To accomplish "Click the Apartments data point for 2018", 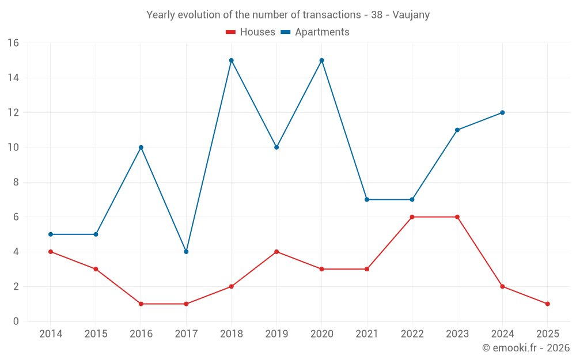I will tap(231, 60).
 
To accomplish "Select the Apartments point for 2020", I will tap(321, 60).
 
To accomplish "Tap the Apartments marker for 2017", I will tap(186, 252).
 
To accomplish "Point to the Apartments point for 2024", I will tap(502, 112).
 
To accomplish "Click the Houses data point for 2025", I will tap(547, 304).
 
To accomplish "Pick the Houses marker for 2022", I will tap(412, 217).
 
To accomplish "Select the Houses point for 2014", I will tap(51, 252).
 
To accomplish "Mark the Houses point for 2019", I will tap(276, 252).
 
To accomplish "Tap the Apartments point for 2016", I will tap(141, 147).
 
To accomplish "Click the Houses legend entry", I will tap(251, 32).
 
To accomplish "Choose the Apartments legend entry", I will tap(315, 32).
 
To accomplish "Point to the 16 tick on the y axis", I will tap(13, 43).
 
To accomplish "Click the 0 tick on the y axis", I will tap(16, 321).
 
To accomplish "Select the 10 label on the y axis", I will tap(13, 147).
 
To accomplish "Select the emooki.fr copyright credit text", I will tap(526, 348).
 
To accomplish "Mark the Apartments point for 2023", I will tap(457, 130).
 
